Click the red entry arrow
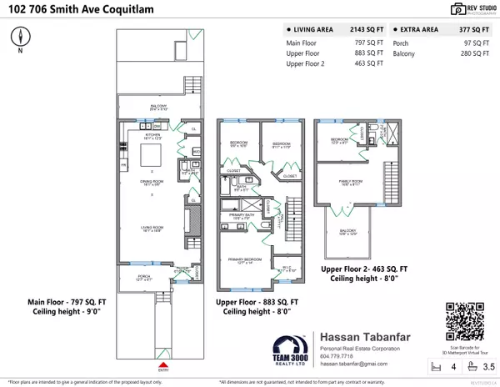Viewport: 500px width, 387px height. click(x=164, y=364)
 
